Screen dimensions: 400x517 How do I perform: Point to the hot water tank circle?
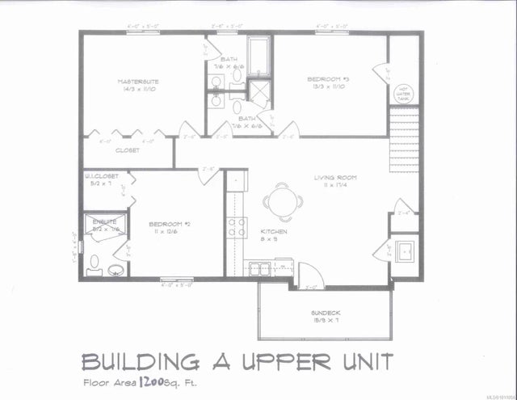401,93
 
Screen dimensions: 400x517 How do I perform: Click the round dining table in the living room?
281,202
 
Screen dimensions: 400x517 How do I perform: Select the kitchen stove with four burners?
236,227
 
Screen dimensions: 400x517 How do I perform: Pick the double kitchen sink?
260,267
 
